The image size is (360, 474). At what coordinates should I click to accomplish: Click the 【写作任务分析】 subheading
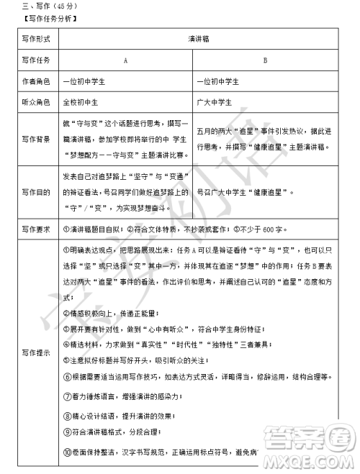43,19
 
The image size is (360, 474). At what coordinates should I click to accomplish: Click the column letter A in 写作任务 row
126,61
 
